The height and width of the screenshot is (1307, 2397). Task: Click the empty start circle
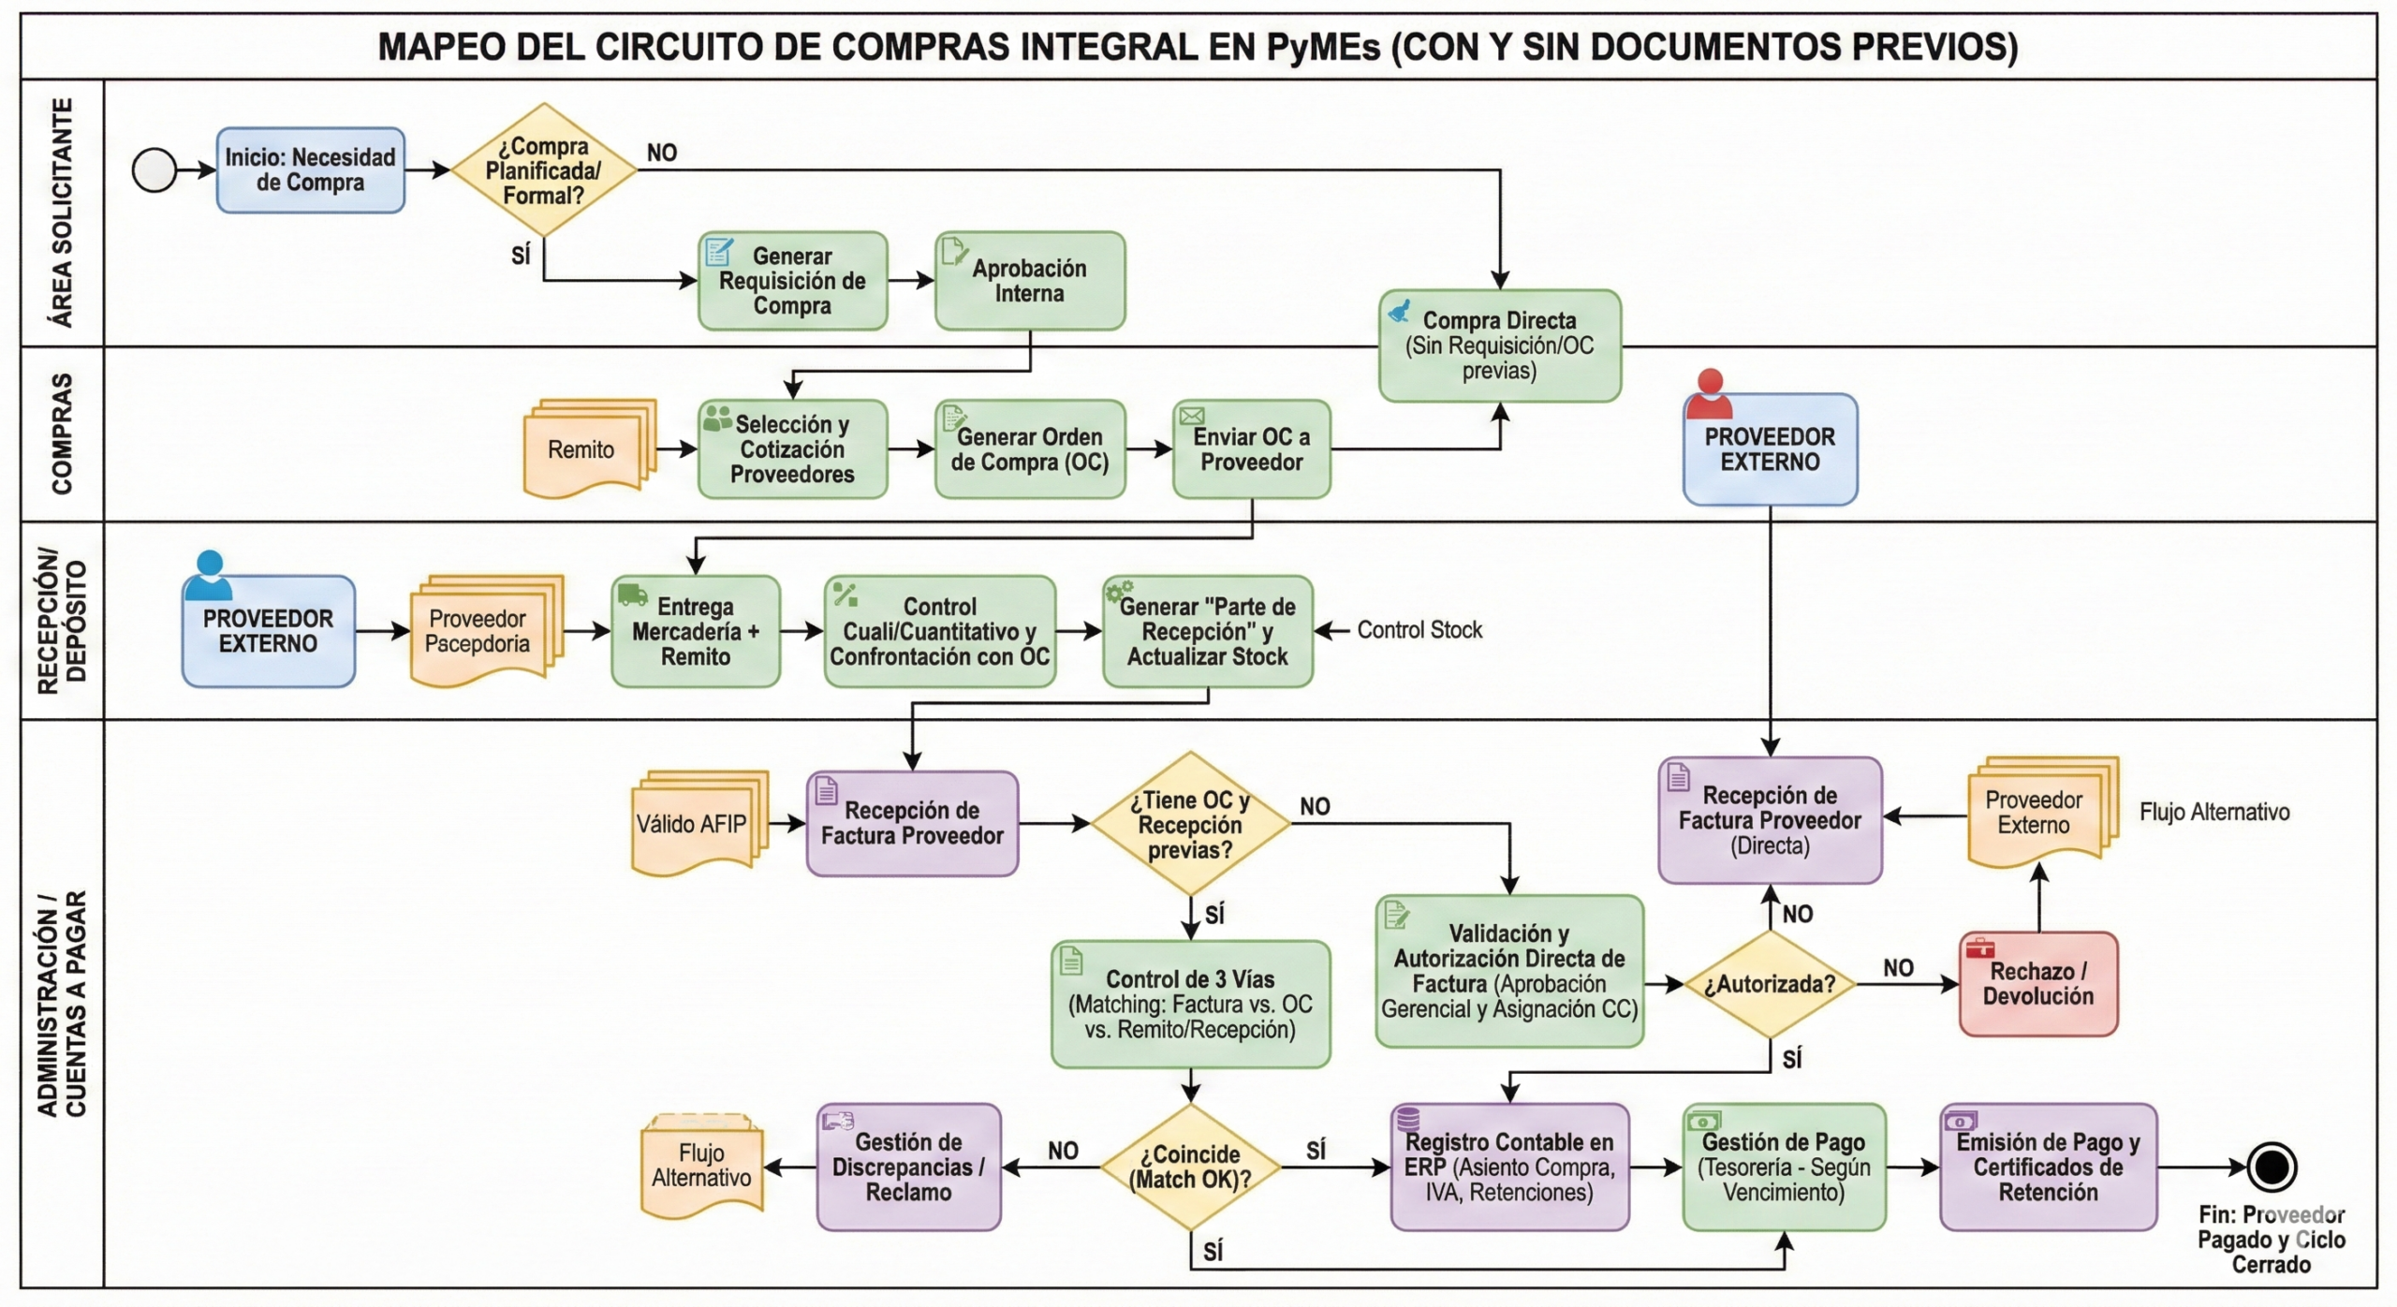point(154,170)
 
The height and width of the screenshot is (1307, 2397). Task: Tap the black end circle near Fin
point(2272,1167)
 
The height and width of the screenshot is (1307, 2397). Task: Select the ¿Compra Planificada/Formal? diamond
point(543,170)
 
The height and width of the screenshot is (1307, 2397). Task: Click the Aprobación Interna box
point(1030,281)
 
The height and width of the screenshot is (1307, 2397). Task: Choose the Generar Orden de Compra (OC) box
point(1030,449)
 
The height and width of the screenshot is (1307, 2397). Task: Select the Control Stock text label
point(1419,630)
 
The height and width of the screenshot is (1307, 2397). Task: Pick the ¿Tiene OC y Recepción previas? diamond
point(1189,824)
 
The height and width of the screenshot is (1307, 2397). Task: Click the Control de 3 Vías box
point(1190,1005)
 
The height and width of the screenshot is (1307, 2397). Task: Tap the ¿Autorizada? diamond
point(1770,984)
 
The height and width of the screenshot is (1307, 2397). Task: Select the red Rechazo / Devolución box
point(2038,984)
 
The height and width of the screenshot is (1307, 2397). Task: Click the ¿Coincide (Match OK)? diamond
point(1189,1167)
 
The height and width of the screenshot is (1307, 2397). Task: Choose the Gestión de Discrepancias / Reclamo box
point(908,1167)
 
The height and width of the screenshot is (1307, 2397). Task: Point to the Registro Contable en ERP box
point(1509,1167)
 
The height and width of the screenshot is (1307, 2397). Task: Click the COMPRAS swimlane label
point(62,433)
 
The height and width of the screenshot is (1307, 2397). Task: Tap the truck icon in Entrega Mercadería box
point(633,595)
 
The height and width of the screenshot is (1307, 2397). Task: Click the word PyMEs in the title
point(1323,47)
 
